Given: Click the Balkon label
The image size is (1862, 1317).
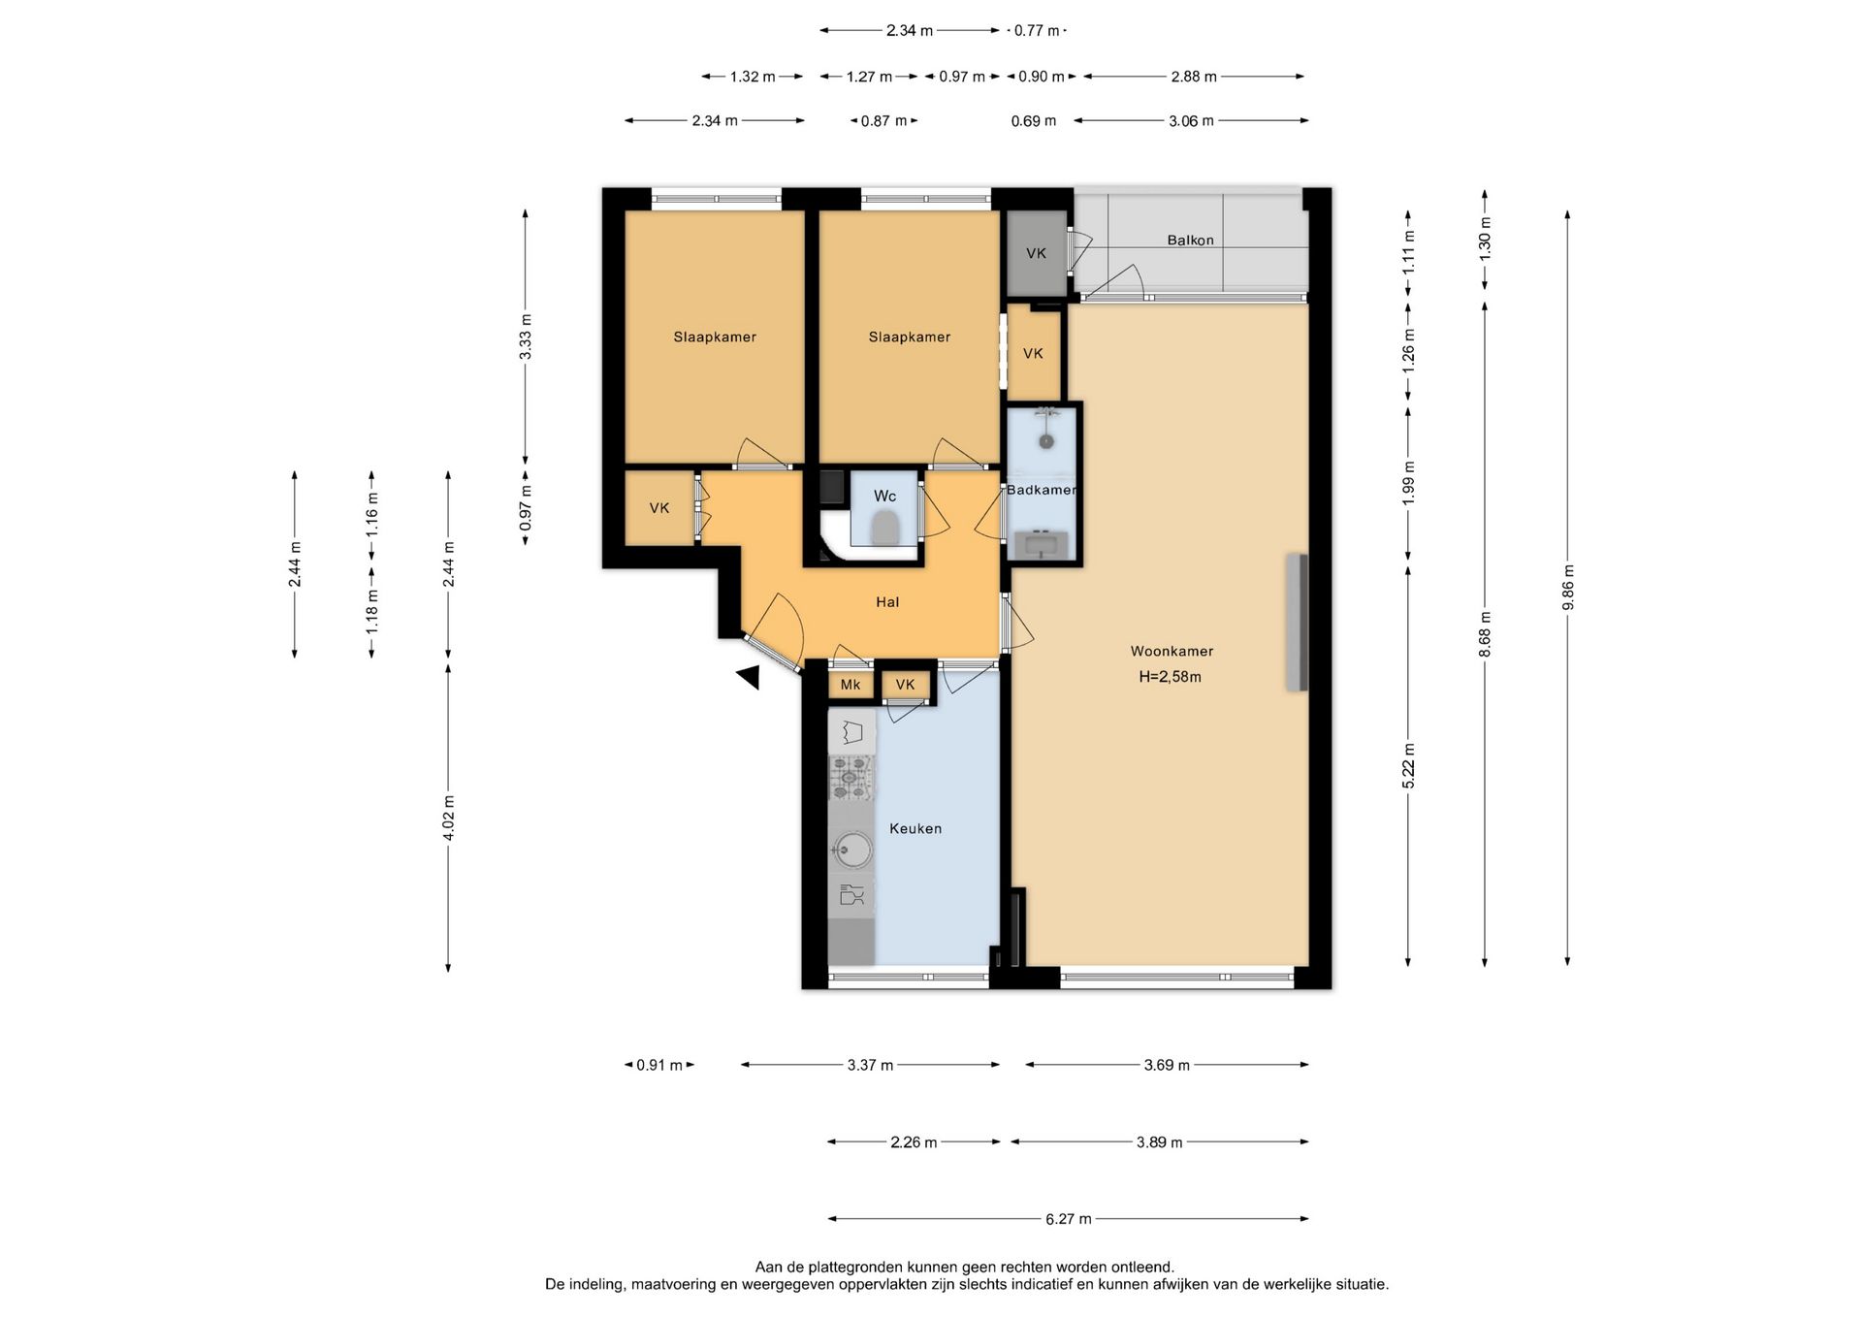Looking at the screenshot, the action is pos(1190,241).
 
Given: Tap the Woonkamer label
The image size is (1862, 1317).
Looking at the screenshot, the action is pos(1172,652).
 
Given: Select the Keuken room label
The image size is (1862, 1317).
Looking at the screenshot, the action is pos(915,828).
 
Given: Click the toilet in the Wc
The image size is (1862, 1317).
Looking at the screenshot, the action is pos(884,530).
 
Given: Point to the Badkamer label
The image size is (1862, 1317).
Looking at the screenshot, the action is pos(1042,490).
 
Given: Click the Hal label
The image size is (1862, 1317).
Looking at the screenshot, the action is pos(887,602).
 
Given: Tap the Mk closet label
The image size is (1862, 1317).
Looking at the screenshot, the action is pos(851,685).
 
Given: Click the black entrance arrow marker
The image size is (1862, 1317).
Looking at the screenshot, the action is pos(748,677).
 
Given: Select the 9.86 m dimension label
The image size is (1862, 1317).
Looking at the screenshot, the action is pos(1568,588).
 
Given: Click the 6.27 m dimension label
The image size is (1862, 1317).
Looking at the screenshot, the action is pos(1069,1219).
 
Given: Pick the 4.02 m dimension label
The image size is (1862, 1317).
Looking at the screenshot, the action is pos(448,818).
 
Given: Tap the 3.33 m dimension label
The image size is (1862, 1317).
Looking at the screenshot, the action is pos(526,337).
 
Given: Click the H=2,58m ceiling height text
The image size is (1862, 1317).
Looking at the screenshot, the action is pos(1171,677).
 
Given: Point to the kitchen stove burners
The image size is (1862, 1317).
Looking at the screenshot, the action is pos(851,778).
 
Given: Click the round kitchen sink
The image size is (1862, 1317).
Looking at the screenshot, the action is pos(851,851).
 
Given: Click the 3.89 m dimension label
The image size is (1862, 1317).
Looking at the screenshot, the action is pos(1160,1142).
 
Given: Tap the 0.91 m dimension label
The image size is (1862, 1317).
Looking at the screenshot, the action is pos(659,1065).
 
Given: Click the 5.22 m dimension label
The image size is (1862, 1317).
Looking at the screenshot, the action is pos(1409,766).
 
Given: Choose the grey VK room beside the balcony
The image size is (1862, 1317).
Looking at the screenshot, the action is pos(1036,253).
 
